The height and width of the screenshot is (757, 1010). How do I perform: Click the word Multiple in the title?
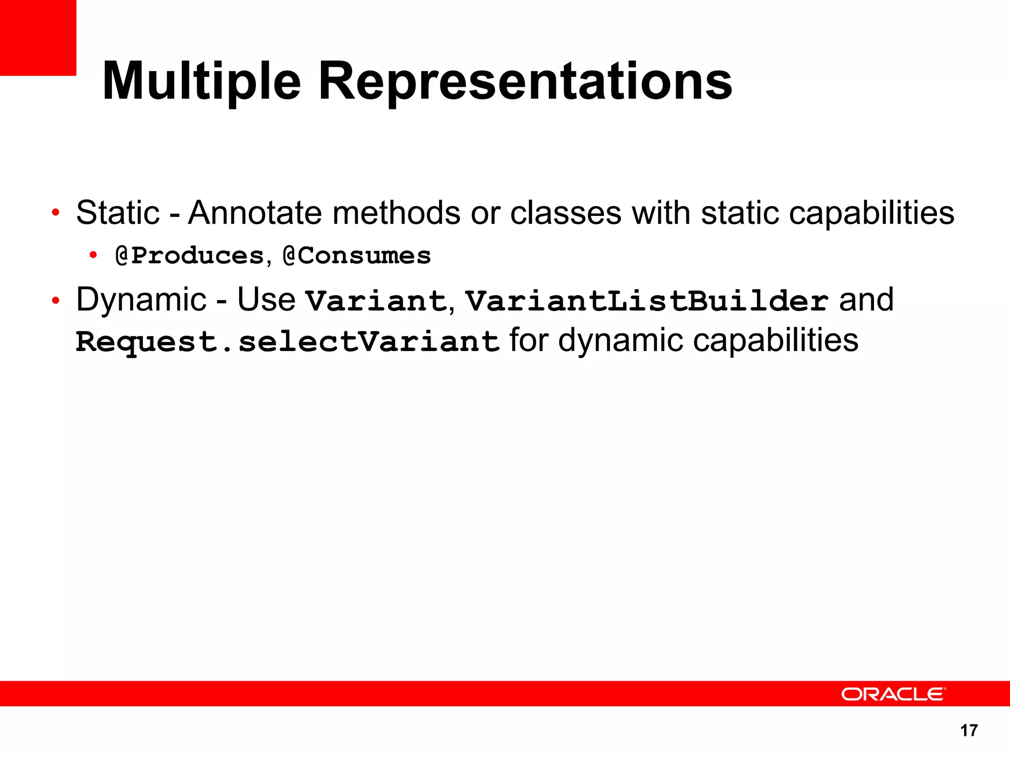coord(201,81)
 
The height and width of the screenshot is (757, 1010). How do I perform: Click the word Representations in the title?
coord(525,81)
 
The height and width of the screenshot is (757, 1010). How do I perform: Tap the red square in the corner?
coord(37,37)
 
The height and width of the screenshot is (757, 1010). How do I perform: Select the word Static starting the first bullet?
coord(118,213)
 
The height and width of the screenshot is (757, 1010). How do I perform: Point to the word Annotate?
coord(255,213)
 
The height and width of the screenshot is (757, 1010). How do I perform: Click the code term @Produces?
coord(190,256)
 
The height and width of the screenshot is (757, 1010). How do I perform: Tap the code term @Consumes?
coord(357,256)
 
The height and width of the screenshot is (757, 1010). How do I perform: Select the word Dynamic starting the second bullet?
coord(141,300)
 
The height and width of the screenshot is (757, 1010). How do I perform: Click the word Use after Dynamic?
coord(266,300)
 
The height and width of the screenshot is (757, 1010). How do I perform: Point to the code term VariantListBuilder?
coord(647,301)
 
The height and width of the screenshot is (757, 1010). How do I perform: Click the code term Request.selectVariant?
coord(288,342)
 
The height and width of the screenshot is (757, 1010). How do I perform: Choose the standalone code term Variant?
coord(376,301)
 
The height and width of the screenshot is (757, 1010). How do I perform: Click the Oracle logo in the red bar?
coord(893,694)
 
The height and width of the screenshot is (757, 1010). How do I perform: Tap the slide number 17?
coord(969,730)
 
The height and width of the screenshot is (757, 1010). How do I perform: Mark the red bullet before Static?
coord(56,213)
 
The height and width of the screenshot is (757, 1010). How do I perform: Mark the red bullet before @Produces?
coord(93,255)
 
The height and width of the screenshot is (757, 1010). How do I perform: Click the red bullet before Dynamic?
coord(56,300)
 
